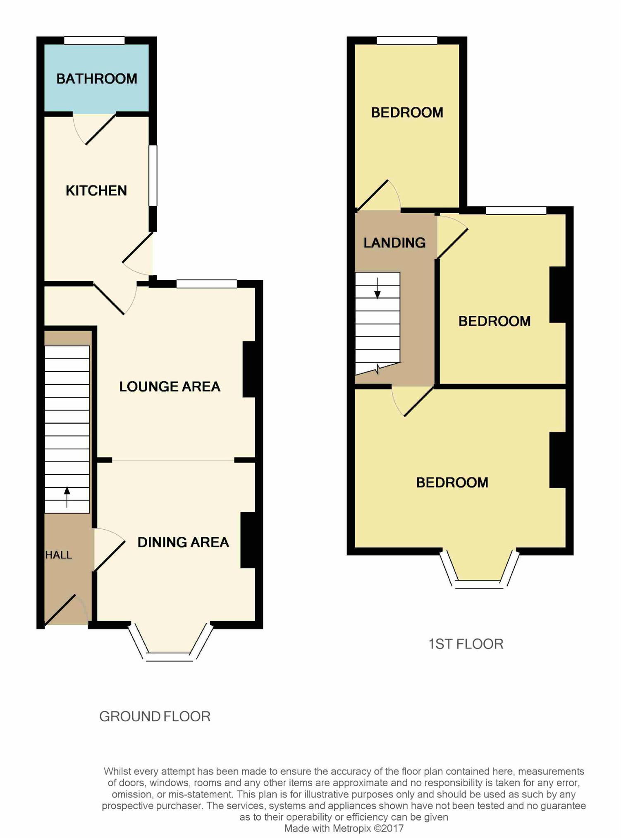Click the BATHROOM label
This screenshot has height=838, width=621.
(x=96, y=79)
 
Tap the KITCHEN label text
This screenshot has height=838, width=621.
(x=96, y=190)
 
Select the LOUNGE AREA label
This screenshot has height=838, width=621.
(x=170, y=387)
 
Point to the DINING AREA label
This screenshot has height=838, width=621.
(x=183, y=542)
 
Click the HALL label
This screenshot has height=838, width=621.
(x=58, y=555)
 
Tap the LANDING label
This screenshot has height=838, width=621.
(x=394, y=243)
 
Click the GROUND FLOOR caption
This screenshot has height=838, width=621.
(x=155, y=716)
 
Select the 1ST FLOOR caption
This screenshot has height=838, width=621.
(x=466, y=644)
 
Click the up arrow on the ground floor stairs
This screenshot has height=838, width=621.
(x=67, y=497)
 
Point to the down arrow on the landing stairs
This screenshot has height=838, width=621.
(x=377, y=288)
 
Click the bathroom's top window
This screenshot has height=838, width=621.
(x=94, y=41)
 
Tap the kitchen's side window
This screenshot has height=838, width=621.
(x=153, y=175)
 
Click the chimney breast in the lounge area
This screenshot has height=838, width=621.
(x=249, y=370)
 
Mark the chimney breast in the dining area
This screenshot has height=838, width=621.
(x=248, y=540)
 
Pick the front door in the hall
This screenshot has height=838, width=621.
(x=66, y=610)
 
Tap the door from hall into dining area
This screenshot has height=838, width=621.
(x=110, y=550)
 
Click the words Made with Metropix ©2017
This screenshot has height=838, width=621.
(x=344, y=828)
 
